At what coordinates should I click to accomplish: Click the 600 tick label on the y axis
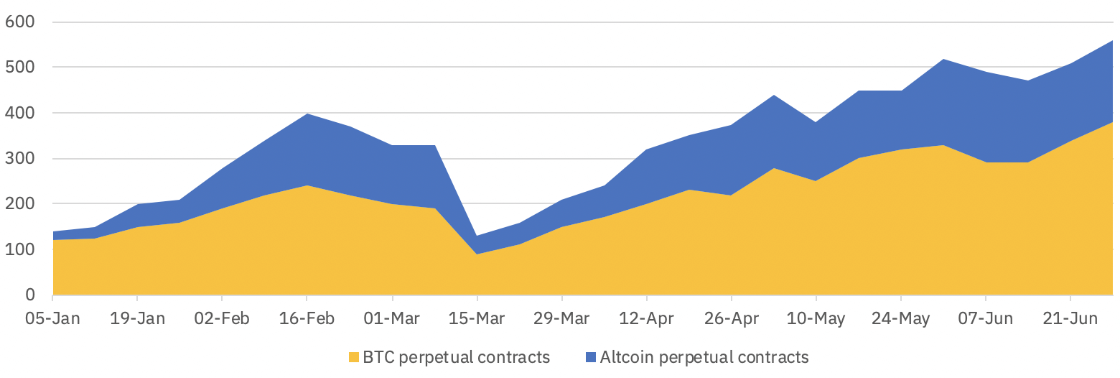pyautogui.click(x=19, y=22)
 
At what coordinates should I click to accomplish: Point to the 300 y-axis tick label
pyautogui.click(x=19, y=159)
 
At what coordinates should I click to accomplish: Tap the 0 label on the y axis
pyautogui.click(x=29, y=295)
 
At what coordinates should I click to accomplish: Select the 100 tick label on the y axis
pyautogui.click(x=19, y=250)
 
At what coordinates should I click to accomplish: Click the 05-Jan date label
pyautogui.click(x=53, y=318)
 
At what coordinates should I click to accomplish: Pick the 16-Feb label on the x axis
pyautogui.click(x=307, y=318)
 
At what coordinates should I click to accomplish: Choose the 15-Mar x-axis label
pyautogui.click(x=477, y=318)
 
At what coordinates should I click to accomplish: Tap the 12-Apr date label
pyautogui.click(x=647, y=318)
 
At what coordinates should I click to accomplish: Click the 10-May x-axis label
pyautogui.click(x=816, y=318)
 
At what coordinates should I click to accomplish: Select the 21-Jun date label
pyautogui.click(x=1070, y=318)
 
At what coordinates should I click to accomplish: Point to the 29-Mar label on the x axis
pyautogui.click(x=562, y=318)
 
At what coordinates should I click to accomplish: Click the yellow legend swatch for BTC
pyautogui.click(x=353, y=357)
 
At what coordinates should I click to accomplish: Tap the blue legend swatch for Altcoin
pyautogui.click(x=591, y=357)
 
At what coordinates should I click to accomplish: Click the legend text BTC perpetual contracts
pyautogui.click(x=457, y=357)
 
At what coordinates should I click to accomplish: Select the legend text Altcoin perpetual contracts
pyautogui.click(x=704, y=357)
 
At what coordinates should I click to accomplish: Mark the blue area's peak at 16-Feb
pyautogui.click(x=307, y=114)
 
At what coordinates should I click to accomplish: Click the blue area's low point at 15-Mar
pyautogui.click(x=477, y=236)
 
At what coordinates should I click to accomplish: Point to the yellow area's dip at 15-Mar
pyautogui.click(x=477, y=254)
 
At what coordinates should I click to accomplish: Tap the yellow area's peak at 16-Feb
pyautogui.click(x=307, y=186)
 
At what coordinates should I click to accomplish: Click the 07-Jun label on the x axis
pyautogui.click(x=986, y=318)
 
